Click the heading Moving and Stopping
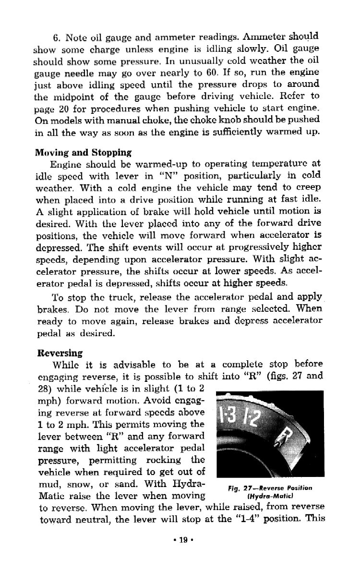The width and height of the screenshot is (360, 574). pyautogui.click(x=83, y=153)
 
